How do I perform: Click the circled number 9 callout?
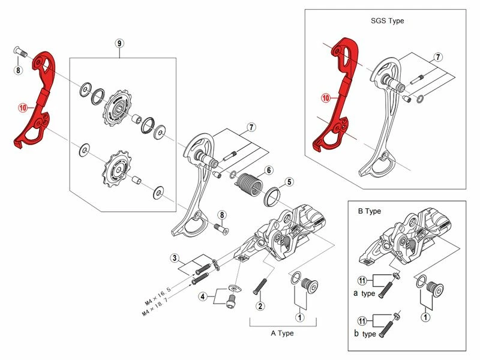point(119,44)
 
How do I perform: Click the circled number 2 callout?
point(260,306)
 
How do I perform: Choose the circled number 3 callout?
point(175,259)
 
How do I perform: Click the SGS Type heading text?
point(387,20)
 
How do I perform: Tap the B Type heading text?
point(369,211)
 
